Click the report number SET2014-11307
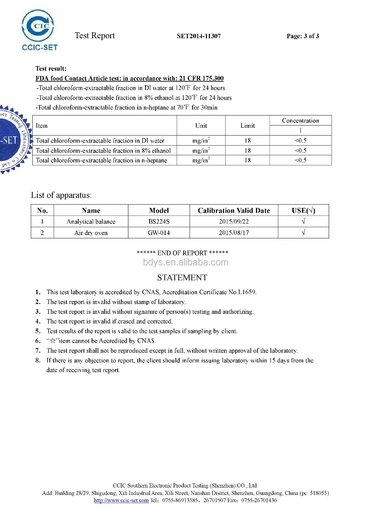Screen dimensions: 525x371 pyautogui.click(x=198, y=36)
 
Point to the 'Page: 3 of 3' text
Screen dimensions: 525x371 pyautogui.click(x=302, y=36)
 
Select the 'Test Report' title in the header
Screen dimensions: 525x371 pyautogui.click(x=95, y=36)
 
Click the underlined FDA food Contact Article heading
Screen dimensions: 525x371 pyautogui.click(x=129, y=78)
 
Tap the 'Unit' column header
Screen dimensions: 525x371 pyautogui.click(x=201, y=125)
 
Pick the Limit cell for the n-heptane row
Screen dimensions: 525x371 pyautogui.click(x=247, y=160)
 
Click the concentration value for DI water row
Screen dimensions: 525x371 pyautogui.click(x=300, y=141)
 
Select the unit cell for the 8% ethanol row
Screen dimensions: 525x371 pyautogui.click(x=201, y=150)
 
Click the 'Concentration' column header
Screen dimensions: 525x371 pyautogui.click(x=300, y=121)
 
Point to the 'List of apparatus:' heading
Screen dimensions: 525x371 pyautogui.click(x=61, y=195)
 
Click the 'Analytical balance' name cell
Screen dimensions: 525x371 pyautogui.click(x=91, y=222)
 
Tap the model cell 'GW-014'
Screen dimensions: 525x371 pyautogui.click(x=159, y=233)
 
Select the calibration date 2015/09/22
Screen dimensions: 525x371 pyautogui.click(x=234, y=222)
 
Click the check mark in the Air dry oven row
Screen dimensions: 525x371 pyautogui.click(x=303, y=233)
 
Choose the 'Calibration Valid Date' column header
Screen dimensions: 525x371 pyautogui.click(x=234, y=211)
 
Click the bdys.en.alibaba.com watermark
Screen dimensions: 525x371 pyautogui.click(x=185, y=262)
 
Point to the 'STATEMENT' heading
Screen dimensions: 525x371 pyautogui.click(x=182, y=278)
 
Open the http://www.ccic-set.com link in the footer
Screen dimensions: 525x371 pyautogui.click(x=121, y=500)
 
